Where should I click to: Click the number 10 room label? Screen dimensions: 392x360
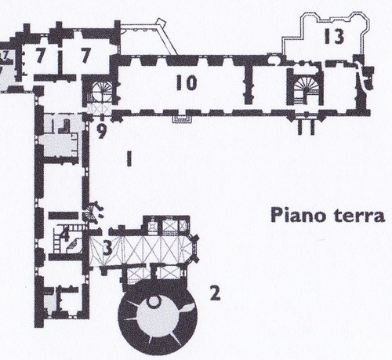pos(187,82)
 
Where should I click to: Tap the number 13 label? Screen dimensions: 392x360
pos(334,36)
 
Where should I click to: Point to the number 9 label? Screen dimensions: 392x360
pos(101,131)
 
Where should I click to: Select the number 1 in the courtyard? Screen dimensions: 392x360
pos(129,158)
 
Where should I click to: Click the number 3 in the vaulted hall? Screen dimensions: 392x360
pos(107,248)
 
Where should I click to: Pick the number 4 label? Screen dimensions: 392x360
pos(64,234)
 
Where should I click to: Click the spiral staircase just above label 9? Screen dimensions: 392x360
pos(101,92)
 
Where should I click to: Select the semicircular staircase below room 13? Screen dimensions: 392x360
pos(305,87)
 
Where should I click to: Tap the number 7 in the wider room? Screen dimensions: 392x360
pos(85,55)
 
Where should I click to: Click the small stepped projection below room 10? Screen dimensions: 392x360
pos(182,119)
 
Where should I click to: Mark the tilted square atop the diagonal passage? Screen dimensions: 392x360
pos(161,23)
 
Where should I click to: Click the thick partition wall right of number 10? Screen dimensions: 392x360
pos(249,82)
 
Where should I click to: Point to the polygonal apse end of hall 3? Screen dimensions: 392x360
pos(194,248)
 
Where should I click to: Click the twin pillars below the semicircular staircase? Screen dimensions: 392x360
pos(307,128)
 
